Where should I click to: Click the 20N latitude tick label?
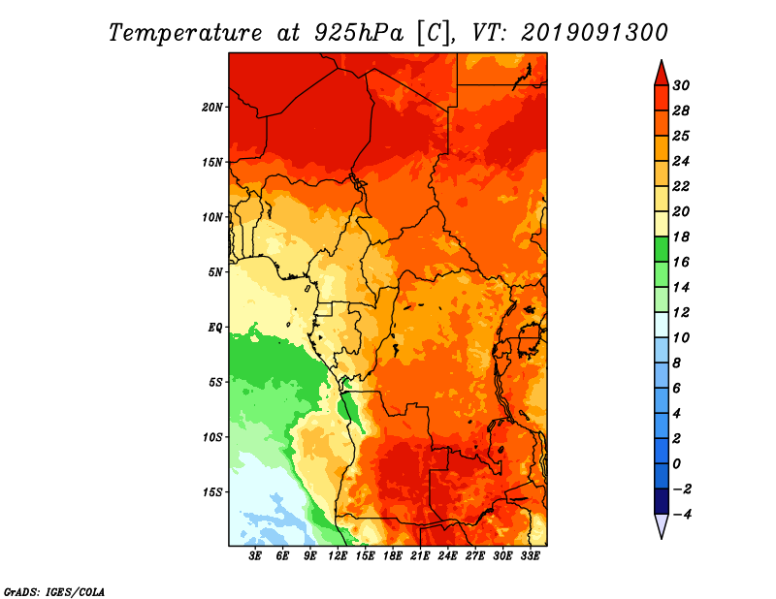point(212,107)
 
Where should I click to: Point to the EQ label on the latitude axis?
point(214,327)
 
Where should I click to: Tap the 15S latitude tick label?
point(212,491)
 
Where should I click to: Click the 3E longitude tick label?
point(256,556)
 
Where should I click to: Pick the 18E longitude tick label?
point(393,556)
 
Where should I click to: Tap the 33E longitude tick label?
point(531,556)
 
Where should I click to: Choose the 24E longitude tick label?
point(448,556)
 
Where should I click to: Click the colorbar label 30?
point(681,85)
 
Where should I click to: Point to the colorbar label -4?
point(681,515)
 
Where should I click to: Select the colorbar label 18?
point(681,236)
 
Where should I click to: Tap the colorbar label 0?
point(677,464)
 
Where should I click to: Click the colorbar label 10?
point(681,337)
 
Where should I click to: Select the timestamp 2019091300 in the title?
point(595,32)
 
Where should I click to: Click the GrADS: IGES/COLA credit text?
point(54,590)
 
